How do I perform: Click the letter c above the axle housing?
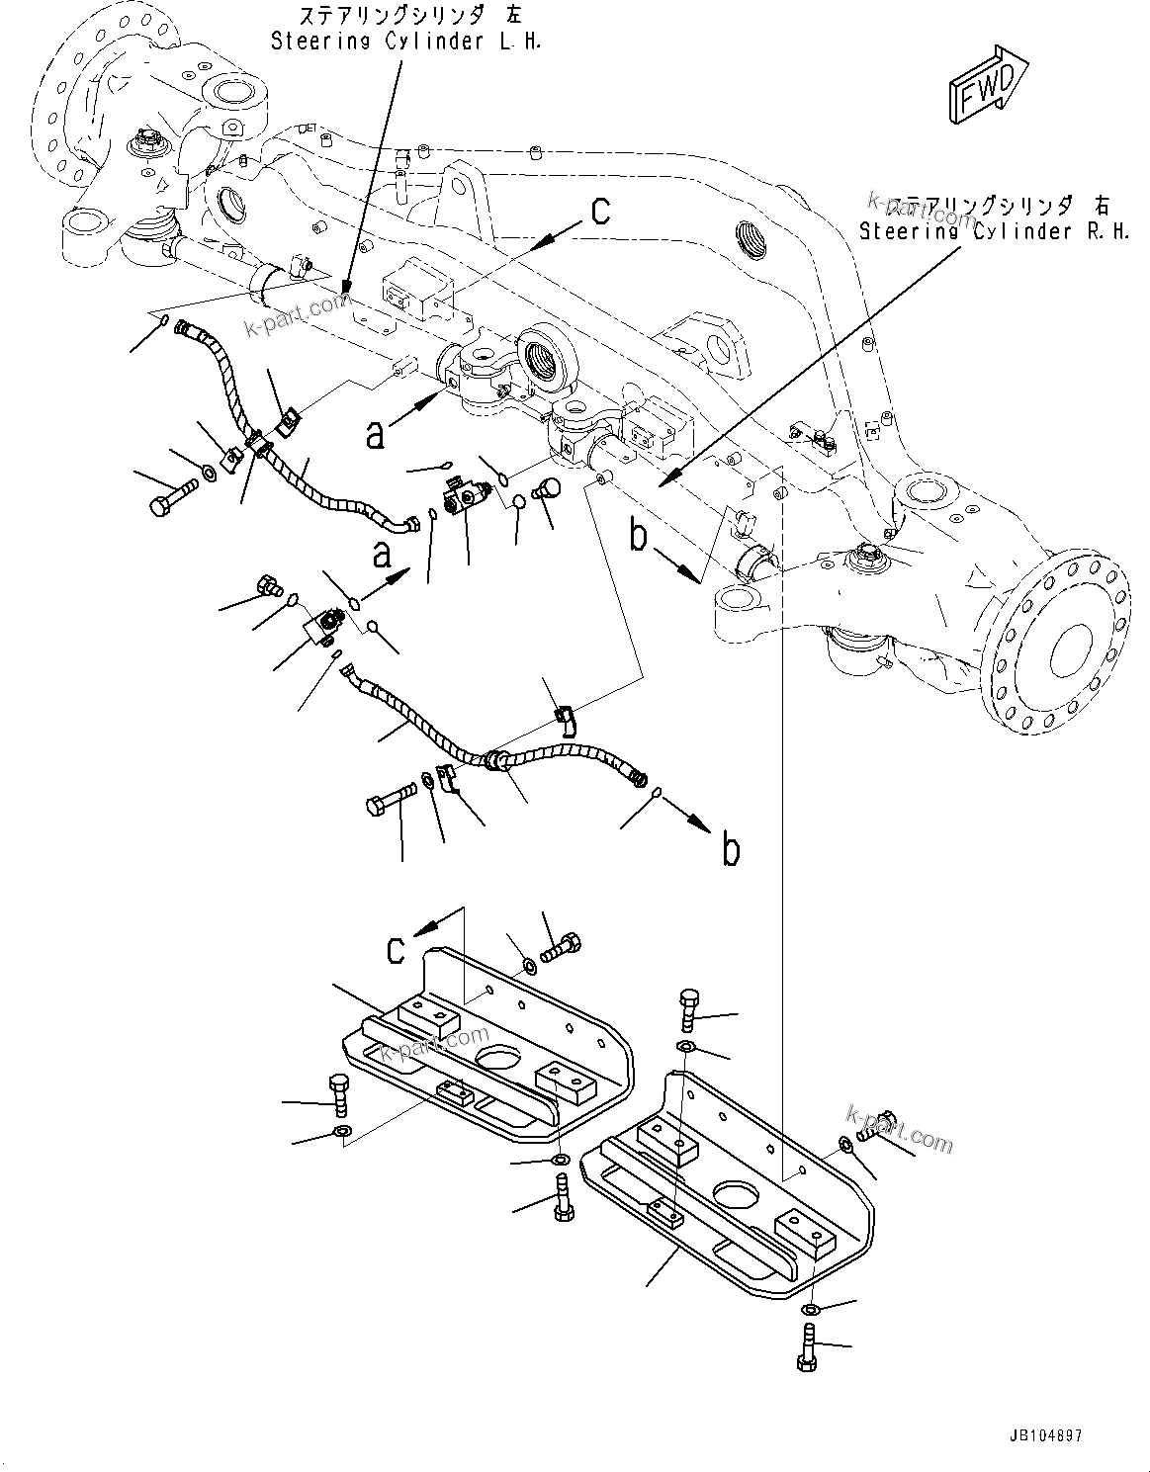click(x=600, y=211)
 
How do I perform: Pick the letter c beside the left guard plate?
click(x=396, y=950)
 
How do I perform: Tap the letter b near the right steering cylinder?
click(x=640, y=537)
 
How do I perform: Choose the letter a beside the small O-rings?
click(x=382, y=556)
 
